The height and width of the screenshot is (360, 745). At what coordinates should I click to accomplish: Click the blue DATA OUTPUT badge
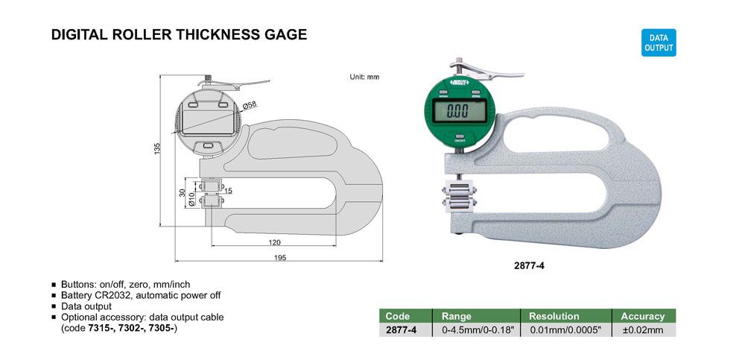click(659, 42)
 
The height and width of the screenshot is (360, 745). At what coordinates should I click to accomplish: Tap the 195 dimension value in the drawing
click(281, 257)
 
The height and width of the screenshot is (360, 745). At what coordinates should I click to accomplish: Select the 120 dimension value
click(274, 242)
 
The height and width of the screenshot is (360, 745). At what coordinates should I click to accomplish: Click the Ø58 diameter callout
click(250, 104)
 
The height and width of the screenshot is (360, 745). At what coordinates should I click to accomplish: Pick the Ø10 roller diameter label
click(191, 199)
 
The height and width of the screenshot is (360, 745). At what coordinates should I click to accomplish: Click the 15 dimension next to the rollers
click(228, 191)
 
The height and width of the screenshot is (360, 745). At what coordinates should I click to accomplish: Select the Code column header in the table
click(398, 316)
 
